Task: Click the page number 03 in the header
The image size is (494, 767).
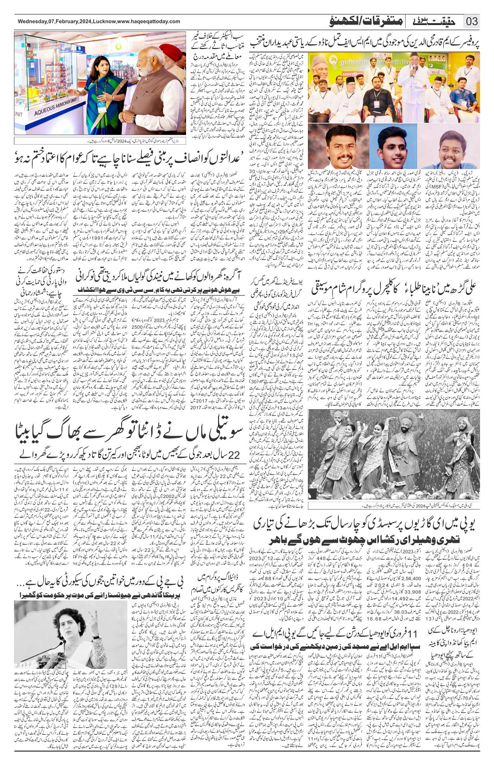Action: (x=472, y=21)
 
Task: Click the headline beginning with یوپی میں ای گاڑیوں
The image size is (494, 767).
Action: (x=366, y=524)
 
